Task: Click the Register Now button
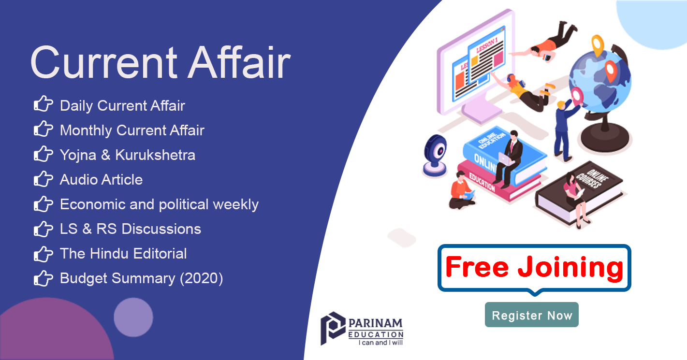[531, 315]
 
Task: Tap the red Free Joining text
[534, 267]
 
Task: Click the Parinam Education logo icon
[333, 328]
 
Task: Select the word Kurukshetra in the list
[155, 155]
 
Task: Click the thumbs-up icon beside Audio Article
[43, 179]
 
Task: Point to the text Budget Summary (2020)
[141, 278]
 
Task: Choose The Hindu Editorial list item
[123, 254]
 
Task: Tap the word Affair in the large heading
[239, 62]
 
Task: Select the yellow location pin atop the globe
[598, 45]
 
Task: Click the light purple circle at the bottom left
[133, 317]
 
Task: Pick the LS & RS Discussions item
[131, 229]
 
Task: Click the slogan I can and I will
[380, 343]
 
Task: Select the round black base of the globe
[605, 136]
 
